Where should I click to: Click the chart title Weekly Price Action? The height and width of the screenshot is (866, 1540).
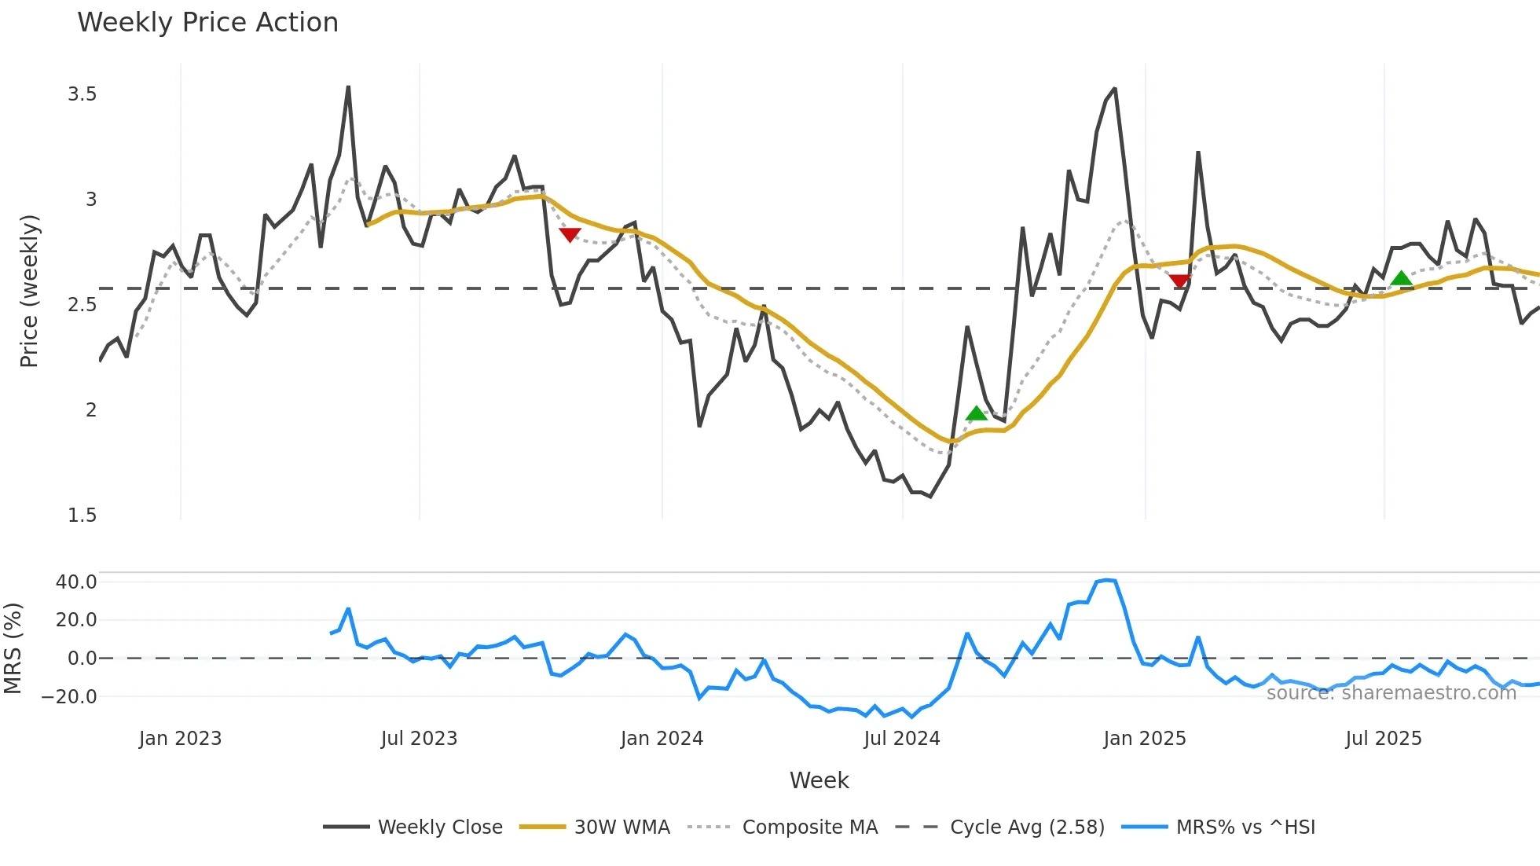click(207, 23)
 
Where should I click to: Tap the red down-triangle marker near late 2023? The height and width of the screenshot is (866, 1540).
click(570, 234)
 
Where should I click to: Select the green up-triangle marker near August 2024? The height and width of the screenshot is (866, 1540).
click(976, 413)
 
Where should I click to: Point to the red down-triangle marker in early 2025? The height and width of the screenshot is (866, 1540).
click(1179, 281)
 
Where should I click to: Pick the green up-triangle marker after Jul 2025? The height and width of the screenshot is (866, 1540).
click(1401, 278)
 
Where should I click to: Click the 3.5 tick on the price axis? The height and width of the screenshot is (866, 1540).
click(82, 94)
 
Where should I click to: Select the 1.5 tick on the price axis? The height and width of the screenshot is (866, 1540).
click(82, 515)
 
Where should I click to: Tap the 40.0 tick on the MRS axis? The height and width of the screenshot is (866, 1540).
click(76, 582)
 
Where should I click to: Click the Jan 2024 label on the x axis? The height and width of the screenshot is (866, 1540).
click(662, 739)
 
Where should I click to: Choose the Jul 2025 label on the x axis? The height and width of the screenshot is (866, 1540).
click(1384, 739)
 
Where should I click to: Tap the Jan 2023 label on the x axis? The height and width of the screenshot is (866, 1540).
click(180, 739)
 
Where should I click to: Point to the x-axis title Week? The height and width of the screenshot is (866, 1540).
click(819, 780)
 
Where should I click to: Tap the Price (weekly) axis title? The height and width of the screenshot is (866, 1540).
click(29, 291)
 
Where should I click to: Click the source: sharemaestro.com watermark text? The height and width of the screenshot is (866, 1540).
click(1391, 692)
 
